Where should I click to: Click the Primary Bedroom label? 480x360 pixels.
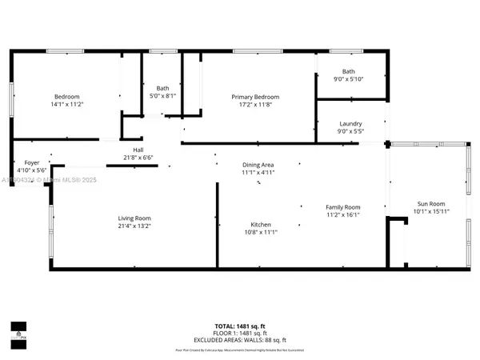(x=255, y=97)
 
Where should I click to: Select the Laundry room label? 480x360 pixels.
(x=350, y=124)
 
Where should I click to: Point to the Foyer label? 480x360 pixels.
(x=31, y=162)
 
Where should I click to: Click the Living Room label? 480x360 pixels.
(x=134, y=218)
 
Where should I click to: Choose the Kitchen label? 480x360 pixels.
(x=260, y=225)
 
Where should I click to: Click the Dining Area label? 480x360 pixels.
(x=258, y=165)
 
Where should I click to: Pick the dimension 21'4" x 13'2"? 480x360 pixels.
(x=134, y=226)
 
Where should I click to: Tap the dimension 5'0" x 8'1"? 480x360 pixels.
(x=162, y=97)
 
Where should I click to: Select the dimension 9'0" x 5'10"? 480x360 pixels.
(x=349, y=78)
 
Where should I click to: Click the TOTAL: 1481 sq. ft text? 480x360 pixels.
(x=239, y=325)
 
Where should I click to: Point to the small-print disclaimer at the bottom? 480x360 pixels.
(x=239, y=350)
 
